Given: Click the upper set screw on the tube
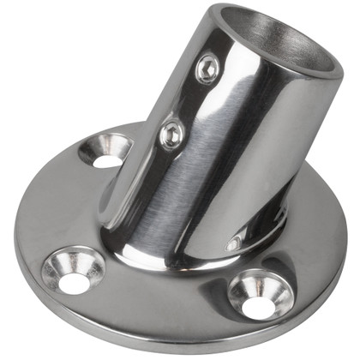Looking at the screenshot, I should coord(207,69).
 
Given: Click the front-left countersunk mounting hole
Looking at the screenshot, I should coord(74,270).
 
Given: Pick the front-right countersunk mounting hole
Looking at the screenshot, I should coord(261,294).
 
